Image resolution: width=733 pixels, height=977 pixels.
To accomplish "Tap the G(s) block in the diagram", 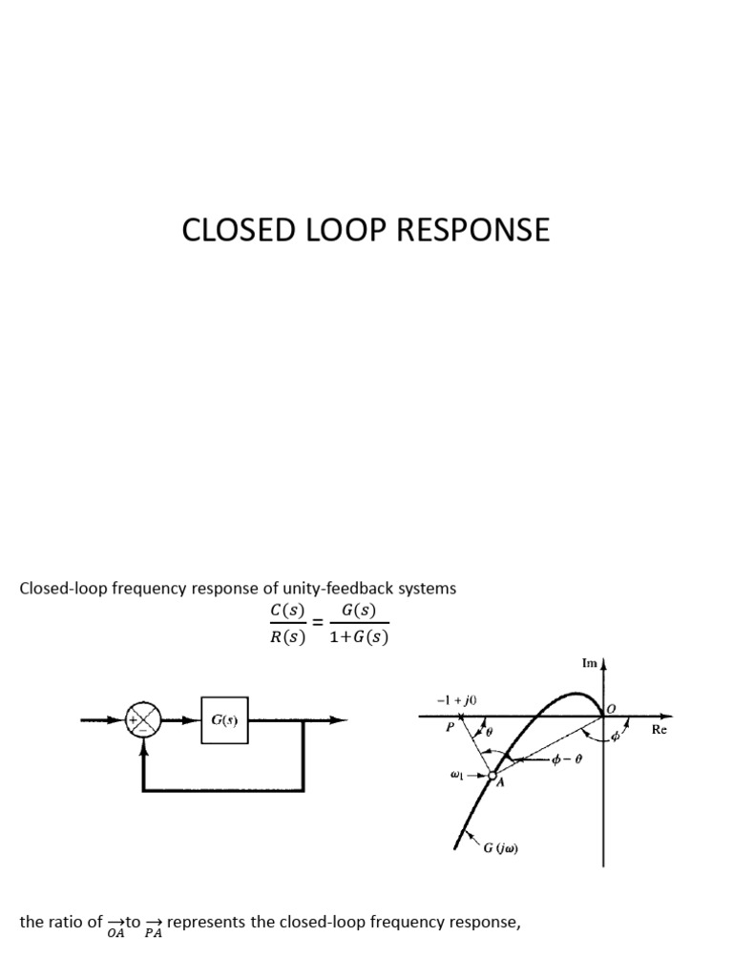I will (x=224, y=720).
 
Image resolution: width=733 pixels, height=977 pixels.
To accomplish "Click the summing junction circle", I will (x=143, y=721).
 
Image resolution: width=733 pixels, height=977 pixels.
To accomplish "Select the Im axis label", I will (x=589, y=662).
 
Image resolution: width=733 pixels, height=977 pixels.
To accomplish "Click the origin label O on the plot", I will (x=611, y=708).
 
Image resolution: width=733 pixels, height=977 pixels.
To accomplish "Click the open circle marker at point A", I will (x=492, y=776).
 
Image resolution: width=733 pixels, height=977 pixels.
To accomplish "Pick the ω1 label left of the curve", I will (x=457, y=775).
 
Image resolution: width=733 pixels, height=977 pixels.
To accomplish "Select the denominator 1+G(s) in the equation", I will (x=358, y=638).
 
